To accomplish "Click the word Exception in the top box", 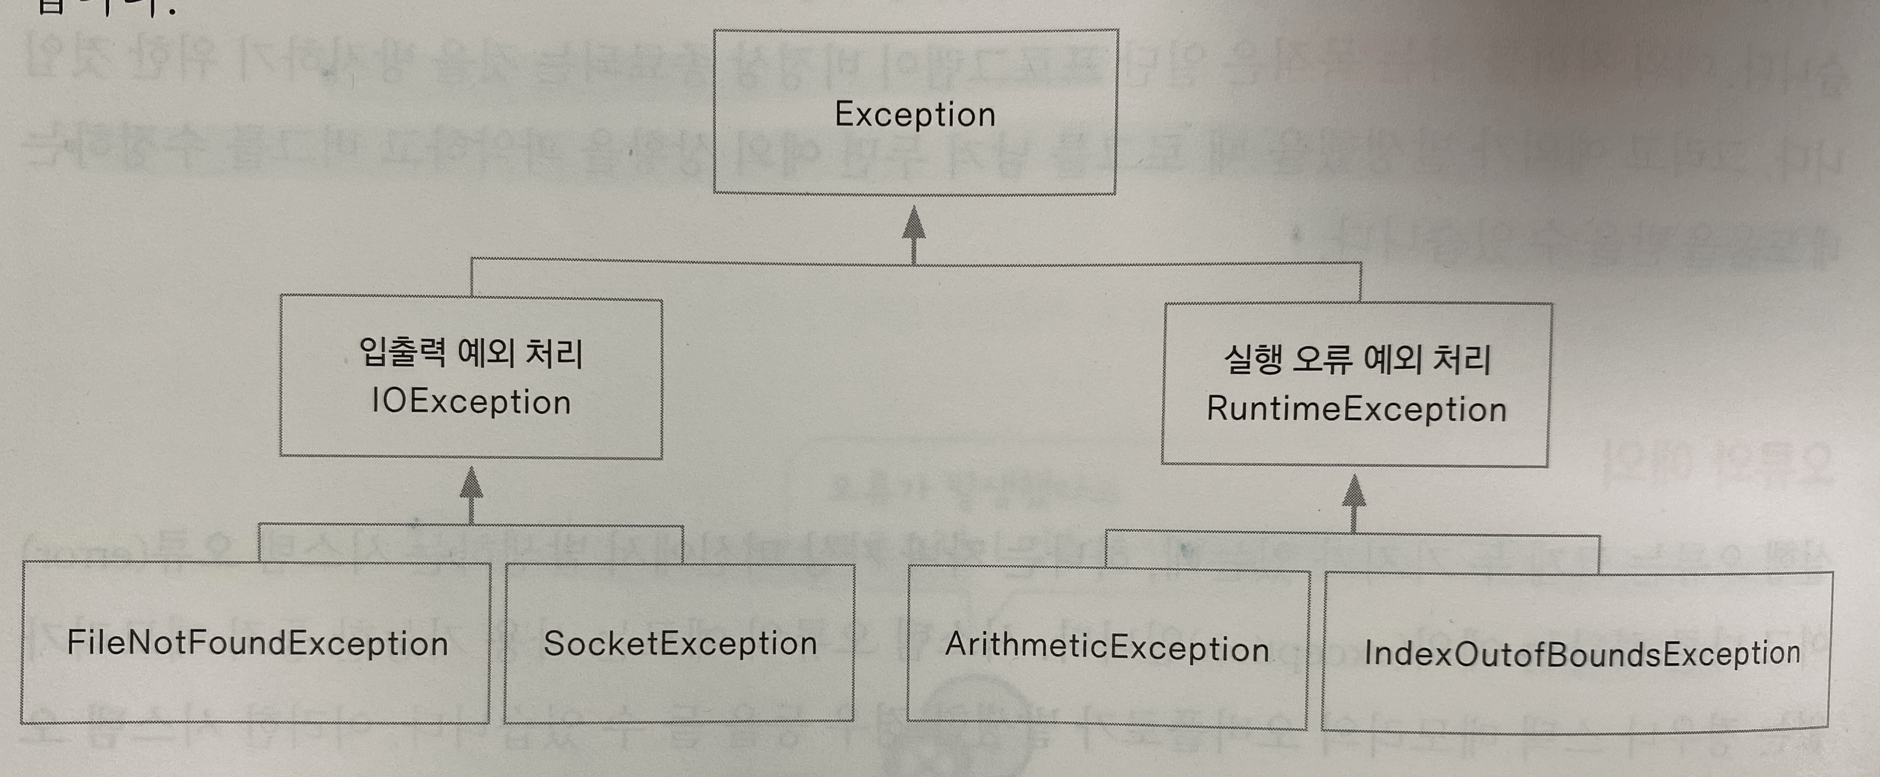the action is click(x=914, y=115).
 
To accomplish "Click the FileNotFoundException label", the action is click(x=257, y=643).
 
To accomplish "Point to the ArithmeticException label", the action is click(x=1106, y=648).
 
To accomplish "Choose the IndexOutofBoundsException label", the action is click(x=1582, y=654).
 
